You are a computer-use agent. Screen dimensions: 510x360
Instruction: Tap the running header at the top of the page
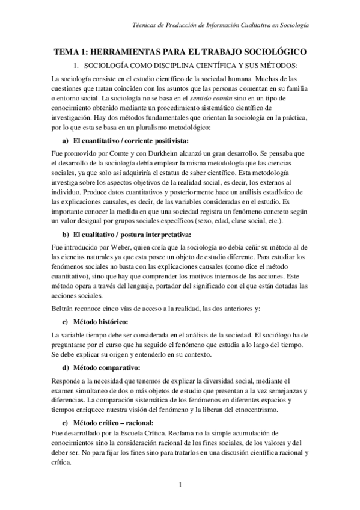click(221, 25)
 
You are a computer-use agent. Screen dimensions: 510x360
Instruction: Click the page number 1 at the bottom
click(180, 485)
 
